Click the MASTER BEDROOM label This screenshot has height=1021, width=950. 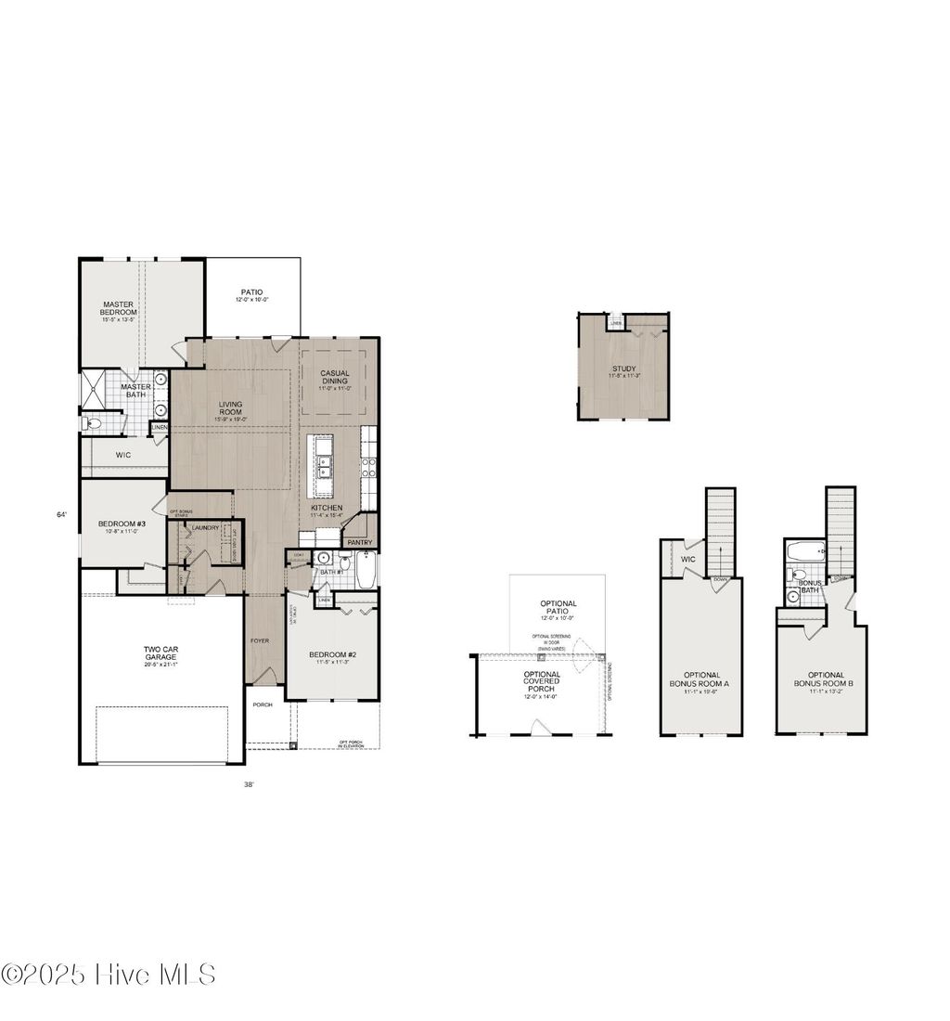click(119, 308)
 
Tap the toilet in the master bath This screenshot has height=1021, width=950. click(91, 424)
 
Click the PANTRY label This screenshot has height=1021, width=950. click(359, 542)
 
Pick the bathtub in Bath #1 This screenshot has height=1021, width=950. click(366, 570)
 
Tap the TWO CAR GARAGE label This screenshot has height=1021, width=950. click(160, 654)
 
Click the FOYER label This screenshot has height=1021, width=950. click(260, 640)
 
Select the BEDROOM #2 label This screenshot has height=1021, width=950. click(332, 656)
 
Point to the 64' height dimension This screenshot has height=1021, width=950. click(61, 514)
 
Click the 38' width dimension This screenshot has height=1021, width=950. click(249, 783)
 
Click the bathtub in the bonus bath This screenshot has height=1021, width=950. click(804, 552)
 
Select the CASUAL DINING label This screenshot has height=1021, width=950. click(335, 378)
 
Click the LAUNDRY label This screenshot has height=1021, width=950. click(205, 528)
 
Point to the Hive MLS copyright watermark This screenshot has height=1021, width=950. click(109, 975)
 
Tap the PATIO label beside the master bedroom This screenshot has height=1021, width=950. click(251, 292)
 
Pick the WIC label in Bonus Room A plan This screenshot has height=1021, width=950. click(688, 560)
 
